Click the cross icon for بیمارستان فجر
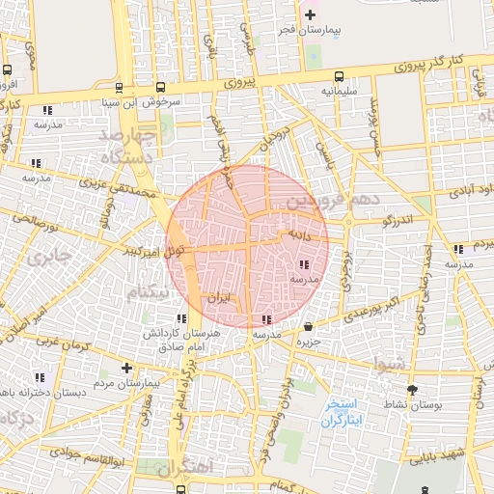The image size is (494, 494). point(309,14)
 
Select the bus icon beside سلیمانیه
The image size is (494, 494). point(339,76)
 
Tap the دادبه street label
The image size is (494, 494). point(293,234)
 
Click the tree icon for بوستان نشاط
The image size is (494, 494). point(414,390)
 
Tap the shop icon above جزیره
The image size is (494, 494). point(308,326)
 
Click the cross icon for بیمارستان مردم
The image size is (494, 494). point(126,368)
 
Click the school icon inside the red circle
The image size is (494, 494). point(304,263)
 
